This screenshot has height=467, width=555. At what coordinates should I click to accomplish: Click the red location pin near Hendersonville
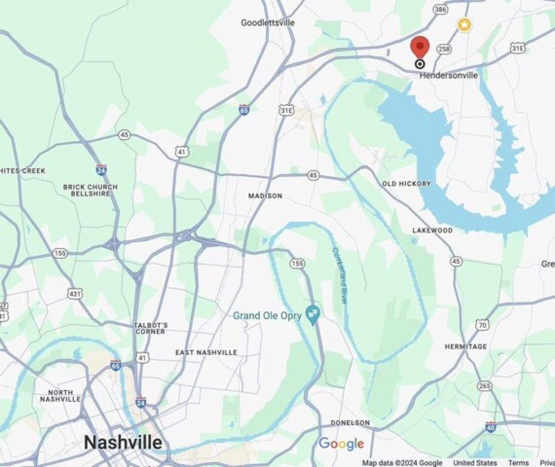point(420,46)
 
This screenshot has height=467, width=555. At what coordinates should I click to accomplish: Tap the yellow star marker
point(464,25)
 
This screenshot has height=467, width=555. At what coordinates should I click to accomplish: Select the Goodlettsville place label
point(268,23)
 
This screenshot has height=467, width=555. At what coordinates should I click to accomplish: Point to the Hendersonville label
point(449,75)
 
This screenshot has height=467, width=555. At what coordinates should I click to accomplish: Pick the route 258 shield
point(445,49)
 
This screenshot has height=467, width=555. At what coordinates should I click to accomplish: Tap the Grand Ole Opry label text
point(267,316)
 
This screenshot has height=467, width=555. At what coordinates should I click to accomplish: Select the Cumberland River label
point(339,276)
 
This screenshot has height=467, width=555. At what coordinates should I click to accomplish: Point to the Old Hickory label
point(406,184)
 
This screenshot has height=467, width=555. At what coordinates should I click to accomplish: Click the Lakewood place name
point(432,230)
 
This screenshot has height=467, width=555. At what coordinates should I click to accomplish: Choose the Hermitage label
point(465,346)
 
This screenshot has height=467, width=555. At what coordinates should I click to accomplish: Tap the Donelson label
point(350,423)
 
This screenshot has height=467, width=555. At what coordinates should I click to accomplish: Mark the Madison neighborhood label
point(265,196)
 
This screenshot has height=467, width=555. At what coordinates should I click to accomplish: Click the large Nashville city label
point(123,442)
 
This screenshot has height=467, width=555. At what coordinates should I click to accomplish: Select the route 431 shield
point(74,293)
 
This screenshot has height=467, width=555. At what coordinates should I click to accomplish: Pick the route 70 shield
point(482,326)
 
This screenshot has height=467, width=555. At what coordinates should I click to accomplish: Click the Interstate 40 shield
point(491,426)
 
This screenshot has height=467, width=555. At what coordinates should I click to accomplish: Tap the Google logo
point(341,444)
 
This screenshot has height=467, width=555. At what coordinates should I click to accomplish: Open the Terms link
point(518,463)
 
